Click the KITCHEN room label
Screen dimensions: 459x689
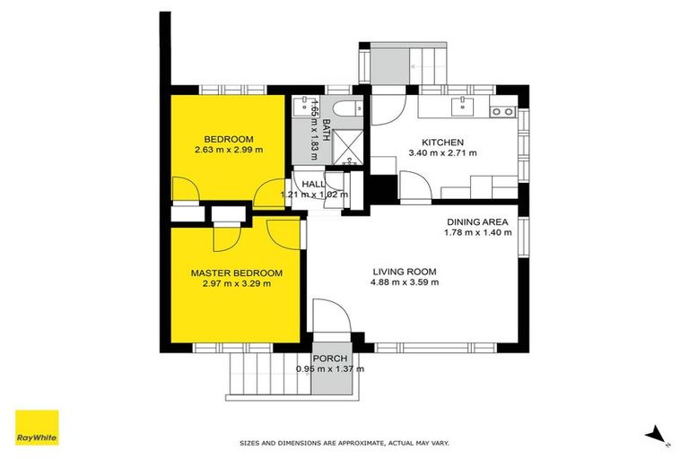[x=442, y=142]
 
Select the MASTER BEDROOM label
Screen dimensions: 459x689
[x=237, y=273]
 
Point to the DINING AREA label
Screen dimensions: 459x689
[x=477, y=221]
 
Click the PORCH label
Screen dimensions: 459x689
[x=331, y=358]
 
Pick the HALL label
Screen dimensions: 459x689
[x=313, y=184]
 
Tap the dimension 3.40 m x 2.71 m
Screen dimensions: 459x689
[x=442, y=153]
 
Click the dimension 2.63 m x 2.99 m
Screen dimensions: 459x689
[x=229, y=150]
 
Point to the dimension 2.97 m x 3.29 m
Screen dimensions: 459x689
[x=237, y=284]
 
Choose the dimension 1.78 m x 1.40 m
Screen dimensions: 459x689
[x=477, y=233]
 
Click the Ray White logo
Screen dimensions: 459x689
[x=37, y=428]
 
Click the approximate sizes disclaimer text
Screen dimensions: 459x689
[x=344, y=443]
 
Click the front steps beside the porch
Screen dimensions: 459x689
[x=266, y=372]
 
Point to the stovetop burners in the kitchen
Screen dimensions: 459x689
[x=502, y=112]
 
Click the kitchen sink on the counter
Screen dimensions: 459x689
[x=463, y=108]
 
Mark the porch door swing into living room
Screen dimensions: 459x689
[x=327, y=316]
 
